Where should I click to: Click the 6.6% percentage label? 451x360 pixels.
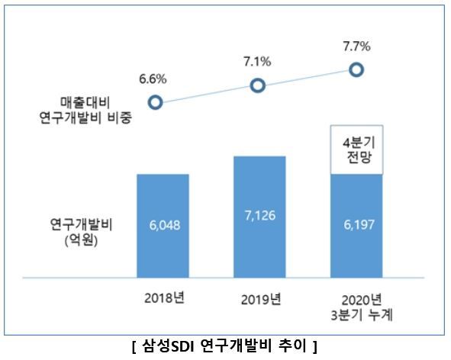point(153,78)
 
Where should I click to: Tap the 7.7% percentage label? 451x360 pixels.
point(356,46)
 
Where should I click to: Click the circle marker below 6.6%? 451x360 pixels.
point(155,101)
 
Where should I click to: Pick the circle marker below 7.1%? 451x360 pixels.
point(258,85)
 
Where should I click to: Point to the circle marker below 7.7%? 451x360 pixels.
point(356,70)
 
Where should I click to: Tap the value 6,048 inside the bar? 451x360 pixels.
point(163,227)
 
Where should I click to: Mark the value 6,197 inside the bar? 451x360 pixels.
point(356,227)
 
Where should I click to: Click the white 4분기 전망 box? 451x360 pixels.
point(356,149)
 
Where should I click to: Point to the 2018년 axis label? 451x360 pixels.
point(163,297)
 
